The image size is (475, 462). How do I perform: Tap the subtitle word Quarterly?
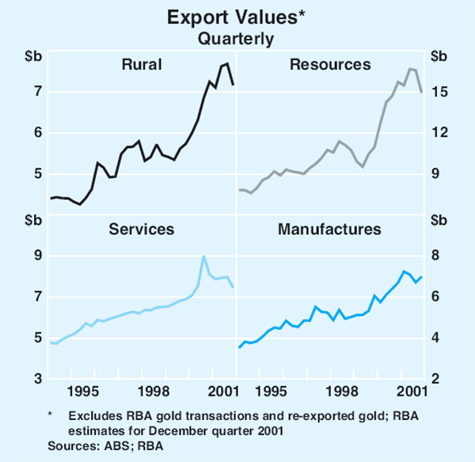[x=237, y=37]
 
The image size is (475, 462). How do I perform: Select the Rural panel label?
[x=142, y=64]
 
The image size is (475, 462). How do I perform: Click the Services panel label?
[x=142, y=229]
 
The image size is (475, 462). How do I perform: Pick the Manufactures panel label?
[x=329, y=229]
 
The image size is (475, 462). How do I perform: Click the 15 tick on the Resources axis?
[x=439, y=92]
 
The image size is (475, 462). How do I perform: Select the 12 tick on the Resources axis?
[x=439, y=133]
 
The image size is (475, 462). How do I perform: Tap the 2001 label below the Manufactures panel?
[x=412, y=392]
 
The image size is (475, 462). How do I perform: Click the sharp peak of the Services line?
[x=204, y=256]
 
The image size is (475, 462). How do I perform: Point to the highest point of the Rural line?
[x=227, y=63]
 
